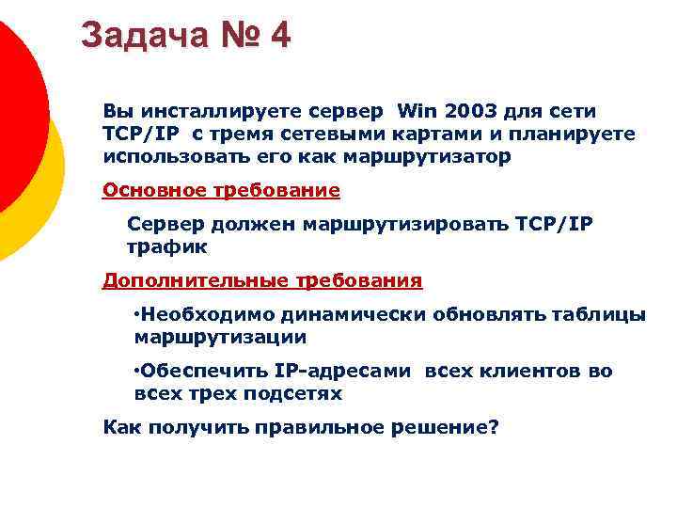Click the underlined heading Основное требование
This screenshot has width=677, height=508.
pos(221,191)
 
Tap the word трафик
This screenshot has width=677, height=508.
pos(166,246)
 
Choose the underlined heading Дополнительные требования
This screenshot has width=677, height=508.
pos(262,280)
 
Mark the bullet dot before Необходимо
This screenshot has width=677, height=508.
pos(137,311)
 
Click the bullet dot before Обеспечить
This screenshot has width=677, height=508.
pos(137,368)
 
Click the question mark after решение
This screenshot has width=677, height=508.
pos(493,427)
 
